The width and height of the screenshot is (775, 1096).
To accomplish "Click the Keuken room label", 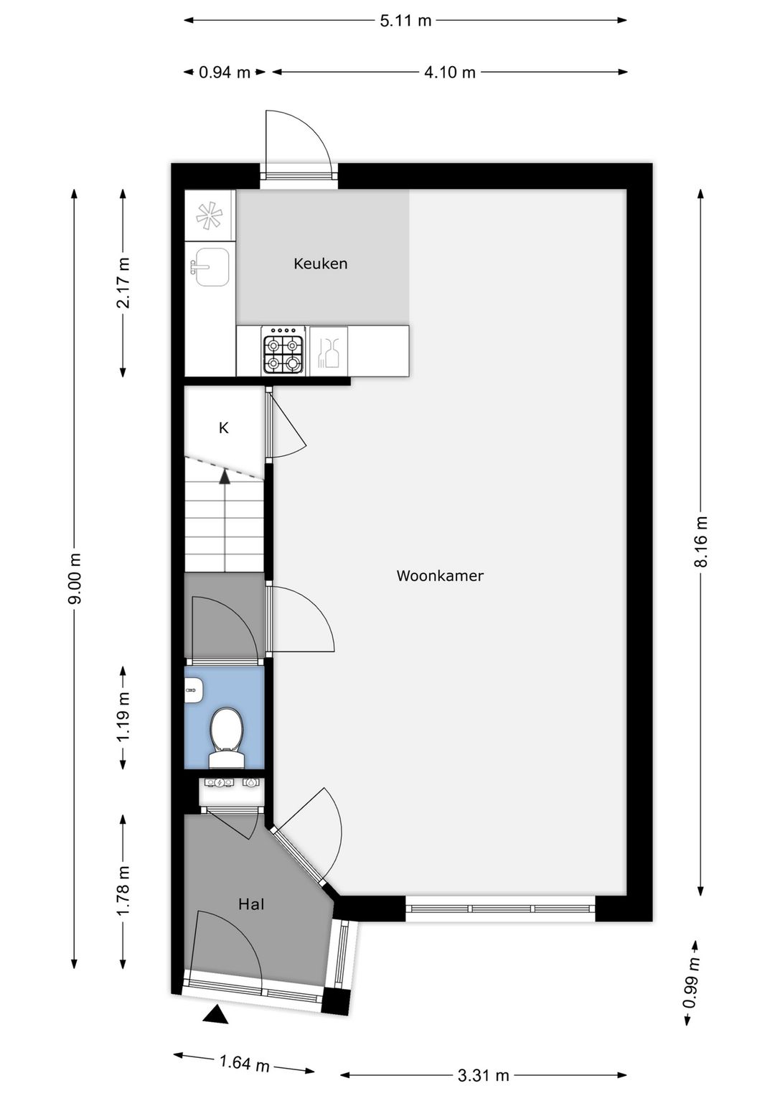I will click(320, 264).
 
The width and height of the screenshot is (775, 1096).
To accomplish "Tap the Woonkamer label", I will click(440, 575).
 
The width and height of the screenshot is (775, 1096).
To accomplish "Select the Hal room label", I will click(251, 904).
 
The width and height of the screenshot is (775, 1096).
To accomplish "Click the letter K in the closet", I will click(223, 428).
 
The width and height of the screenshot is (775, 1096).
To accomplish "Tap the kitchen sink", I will click(211, 266).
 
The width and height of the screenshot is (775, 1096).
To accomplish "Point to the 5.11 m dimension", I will click(405, 20).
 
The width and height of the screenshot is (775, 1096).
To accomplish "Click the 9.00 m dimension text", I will click(75, 578).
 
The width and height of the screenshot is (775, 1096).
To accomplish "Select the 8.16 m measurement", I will click(700, 542).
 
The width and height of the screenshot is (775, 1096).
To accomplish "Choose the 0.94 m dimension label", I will click(225, 72).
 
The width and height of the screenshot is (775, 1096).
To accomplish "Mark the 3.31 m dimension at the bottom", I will click(483, 1075).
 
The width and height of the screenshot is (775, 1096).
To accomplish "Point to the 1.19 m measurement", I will click(123, 717).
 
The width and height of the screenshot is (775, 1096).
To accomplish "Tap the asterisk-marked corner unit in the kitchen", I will click(210, 215).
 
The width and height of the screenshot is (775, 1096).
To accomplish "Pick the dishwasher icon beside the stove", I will click(329, 350).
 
